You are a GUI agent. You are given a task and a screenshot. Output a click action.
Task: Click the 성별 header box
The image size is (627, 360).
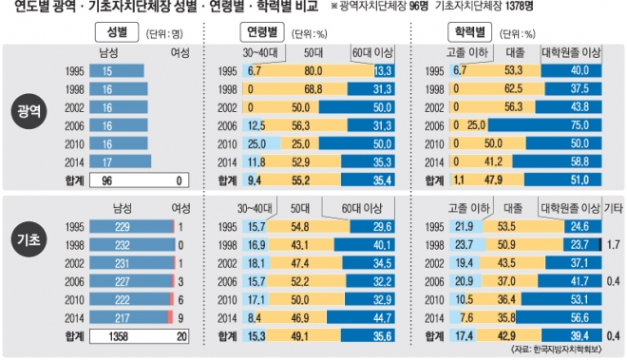pyautogui.click(x=117, y=32)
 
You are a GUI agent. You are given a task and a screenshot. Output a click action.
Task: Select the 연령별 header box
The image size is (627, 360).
pyautogui.click(x=262, y=32)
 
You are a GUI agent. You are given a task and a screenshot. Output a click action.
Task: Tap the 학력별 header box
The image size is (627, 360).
pyautogui.click(x=469, y=32)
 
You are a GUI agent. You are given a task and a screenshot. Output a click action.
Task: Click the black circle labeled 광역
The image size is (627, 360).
pyautogui.click(x=28, y=111)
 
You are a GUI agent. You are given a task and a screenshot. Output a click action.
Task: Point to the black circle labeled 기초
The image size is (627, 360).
pyautogui.click(x=28, y=239)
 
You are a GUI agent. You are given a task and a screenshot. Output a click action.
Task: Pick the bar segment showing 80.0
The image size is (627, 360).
pyautogui.click(x=313, y=71)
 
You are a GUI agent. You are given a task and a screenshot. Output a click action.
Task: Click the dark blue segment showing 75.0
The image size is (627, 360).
pyautogui.click(x=544, y=125)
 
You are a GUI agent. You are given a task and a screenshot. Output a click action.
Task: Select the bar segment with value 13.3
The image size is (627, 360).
pyautogui.click(x=385, y=71)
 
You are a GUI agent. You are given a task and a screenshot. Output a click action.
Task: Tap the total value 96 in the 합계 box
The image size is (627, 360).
pyautogui.click(x=106, y=180)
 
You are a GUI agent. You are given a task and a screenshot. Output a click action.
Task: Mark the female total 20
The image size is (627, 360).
pyautogui.click(x=181, y=337)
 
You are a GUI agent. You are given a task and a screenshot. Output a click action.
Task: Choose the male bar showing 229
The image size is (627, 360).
pyautogui.click(x=131, y=227)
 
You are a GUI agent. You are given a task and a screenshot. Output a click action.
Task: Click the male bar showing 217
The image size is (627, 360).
pyautogui.click(x=128, y=318)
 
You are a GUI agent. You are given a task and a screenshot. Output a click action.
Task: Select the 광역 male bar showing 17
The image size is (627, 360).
pyautogui.click(x=121, y=161)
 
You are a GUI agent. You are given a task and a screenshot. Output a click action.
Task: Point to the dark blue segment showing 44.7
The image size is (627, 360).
pyautogui.click(x=361, y=318)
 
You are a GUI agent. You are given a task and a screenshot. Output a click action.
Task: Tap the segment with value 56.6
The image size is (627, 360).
pyautogui.click(x=559, y=318)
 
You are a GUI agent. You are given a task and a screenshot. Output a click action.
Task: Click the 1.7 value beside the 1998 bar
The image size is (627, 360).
pyautogui.click(x=614, y=244)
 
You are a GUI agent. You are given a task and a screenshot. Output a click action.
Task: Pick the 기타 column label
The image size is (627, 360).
pyautogui.click(x=614, y=208)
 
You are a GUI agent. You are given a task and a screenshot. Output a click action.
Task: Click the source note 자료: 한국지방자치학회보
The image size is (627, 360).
pyautogui.click(x=556, y=350)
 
